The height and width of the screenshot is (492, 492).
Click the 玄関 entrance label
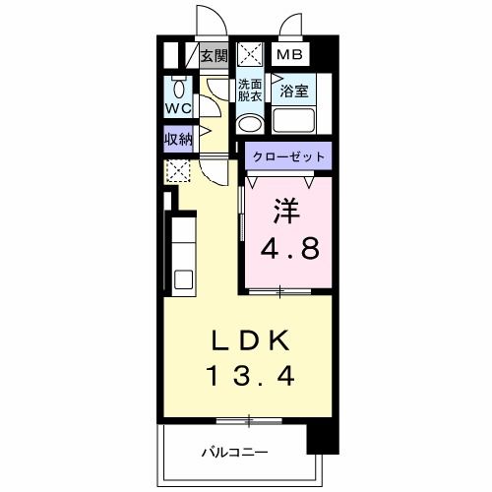(x=214, y=55)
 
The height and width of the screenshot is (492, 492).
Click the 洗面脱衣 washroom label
(x=250, y=91)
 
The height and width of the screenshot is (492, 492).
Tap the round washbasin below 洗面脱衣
(x=250, y=124)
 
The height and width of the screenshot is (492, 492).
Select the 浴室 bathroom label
(x=294, y=92)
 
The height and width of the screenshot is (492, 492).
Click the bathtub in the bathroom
(x=294, y=122)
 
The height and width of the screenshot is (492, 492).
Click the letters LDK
(x=251, y=340)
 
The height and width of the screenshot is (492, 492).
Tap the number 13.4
(x=251, y=375)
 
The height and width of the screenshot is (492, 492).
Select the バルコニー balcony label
(x=236, y=453)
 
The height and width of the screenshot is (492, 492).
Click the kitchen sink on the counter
(x=183, y=277)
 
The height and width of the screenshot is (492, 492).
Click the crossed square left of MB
(x=250, y=55)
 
